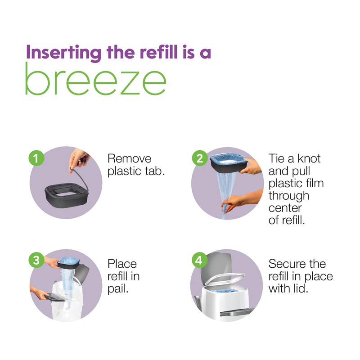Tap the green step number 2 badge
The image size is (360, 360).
[198, 158]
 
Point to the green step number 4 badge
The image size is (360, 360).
[198, 261]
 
